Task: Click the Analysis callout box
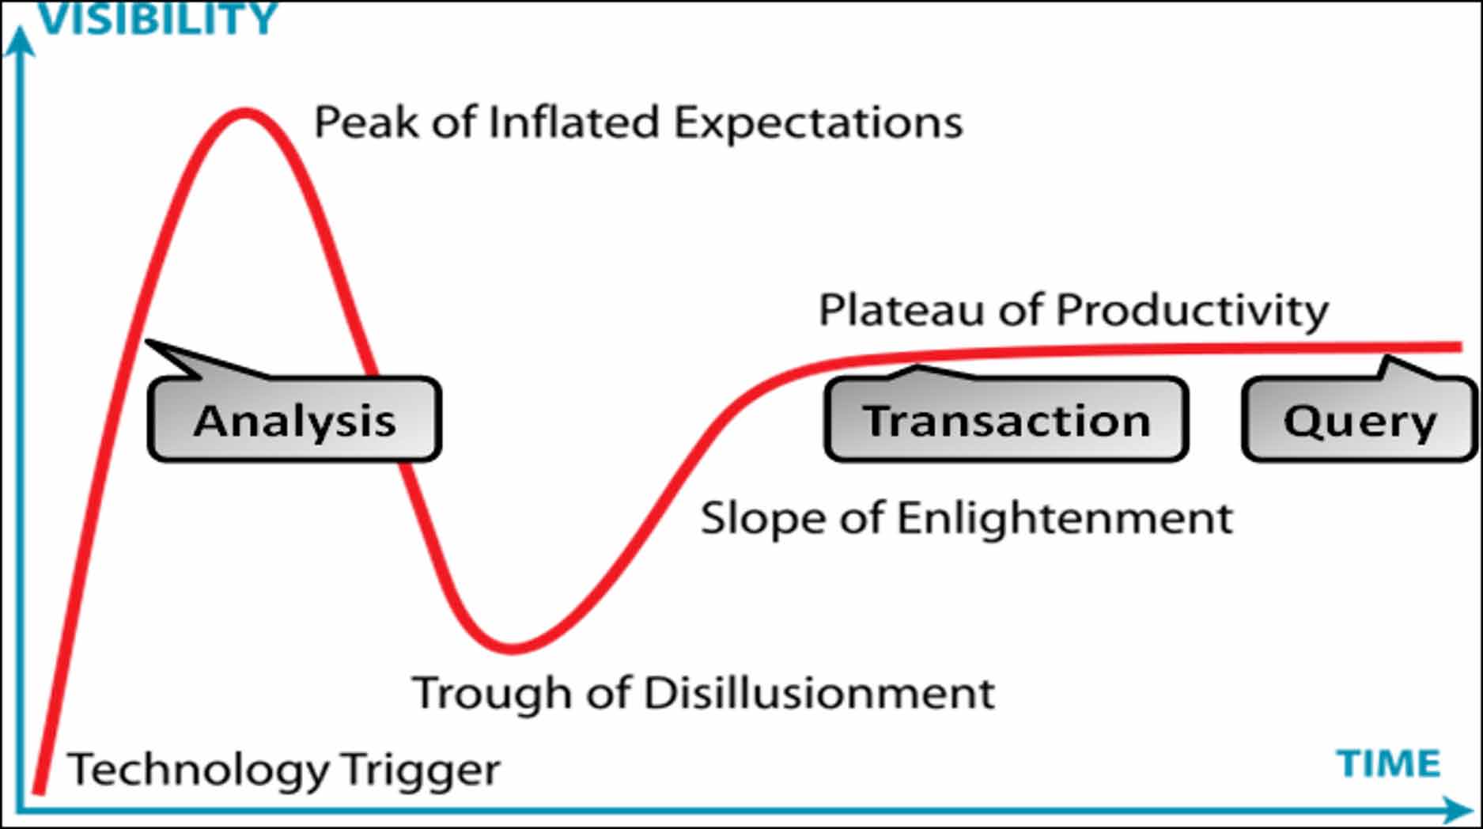[294, 419]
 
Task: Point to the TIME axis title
[1388, 764]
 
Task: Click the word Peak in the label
[366, 123]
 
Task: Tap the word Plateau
[902, 309]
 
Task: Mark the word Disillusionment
[819, 693]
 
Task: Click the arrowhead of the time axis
[1457, 810]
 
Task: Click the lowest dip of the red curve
[513, 649]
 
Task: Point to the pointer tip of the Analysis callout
[148, 342]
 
